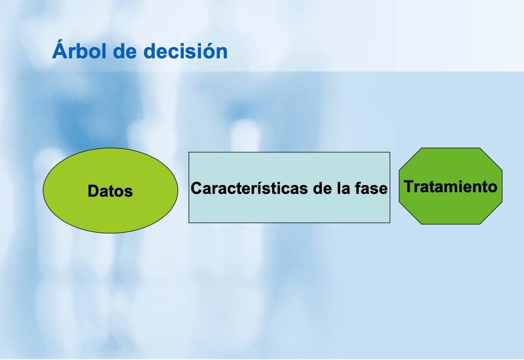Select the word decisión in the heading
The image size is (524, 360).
(185, 51)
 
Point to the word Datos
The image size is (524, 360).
(110, 191)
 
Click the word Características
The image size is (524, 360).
(250, 188)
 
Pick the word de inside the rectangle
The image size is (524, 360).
(323, 188)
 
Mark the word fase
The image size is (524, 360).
(371, 188)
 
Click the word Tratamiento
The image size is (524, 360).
(451, 186)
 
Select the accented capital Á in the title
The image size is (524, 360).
(59, 49)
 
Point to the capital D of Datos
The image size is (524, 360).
(93, 191)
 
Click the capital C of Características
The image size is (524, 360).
(196, 188)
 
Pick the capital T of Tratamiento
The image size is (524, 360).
(410, 186)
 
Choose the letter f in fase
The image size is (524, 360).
(358, 188)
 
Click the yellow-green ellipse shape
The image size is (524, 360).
(110, 191)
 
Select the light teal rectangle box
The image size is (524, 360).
(289, 187)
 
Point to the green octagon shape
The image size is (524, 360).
(451, 186)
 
